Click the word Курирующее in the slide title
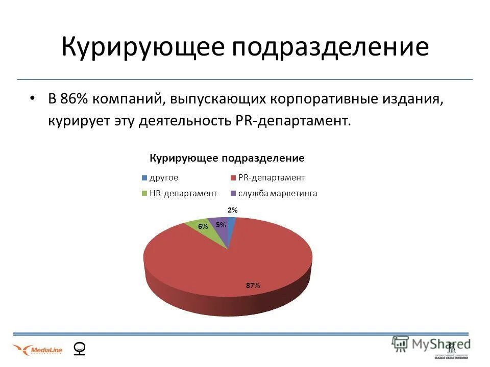coord(142,47)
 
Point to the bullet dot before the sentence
coord(33,98)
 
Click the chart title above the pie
coord(227,158)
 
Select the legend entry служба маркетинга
coord(278,193)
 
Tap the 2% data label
coord(232,210)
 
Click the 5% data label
coord(220,224)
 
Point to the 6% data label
coord(203,226)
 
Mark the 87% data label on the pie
coord(253,285)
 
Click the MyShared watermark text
coord(431,344)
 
